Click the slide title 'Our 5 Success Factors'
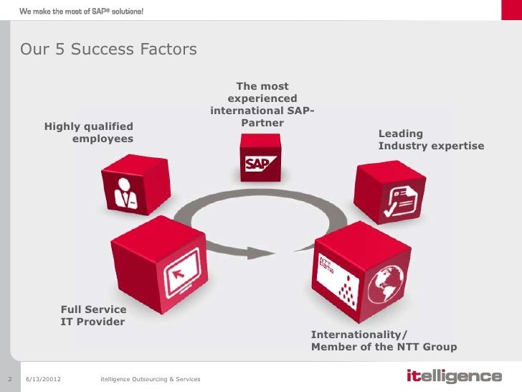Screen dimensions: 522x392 [x=108, y=50]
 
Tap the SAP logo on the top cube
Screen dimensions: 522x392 [x=257, y=164]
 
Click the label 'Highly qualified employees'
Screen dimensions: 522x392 [x=89, y=132]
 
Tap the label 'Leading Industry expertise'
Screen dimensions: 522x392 [x=431, y=140]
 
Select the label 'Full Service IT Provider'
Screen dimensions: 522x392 [x=93, y=315]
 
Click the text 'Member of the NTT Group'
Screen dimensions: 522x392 [x=384, y=347]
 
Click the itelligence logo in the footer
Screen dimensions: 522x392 [x=453, y=377]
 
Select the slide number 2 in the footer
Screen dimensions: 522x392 [x=11, y=378]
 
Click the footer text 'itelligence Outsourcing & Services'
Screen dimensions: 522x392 [x=151, y=378]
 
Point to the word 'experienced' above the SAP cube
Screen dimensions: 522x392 [x=262, y=99]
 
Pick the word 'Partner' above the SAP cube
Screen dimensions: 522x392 [x=262, y=123]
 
